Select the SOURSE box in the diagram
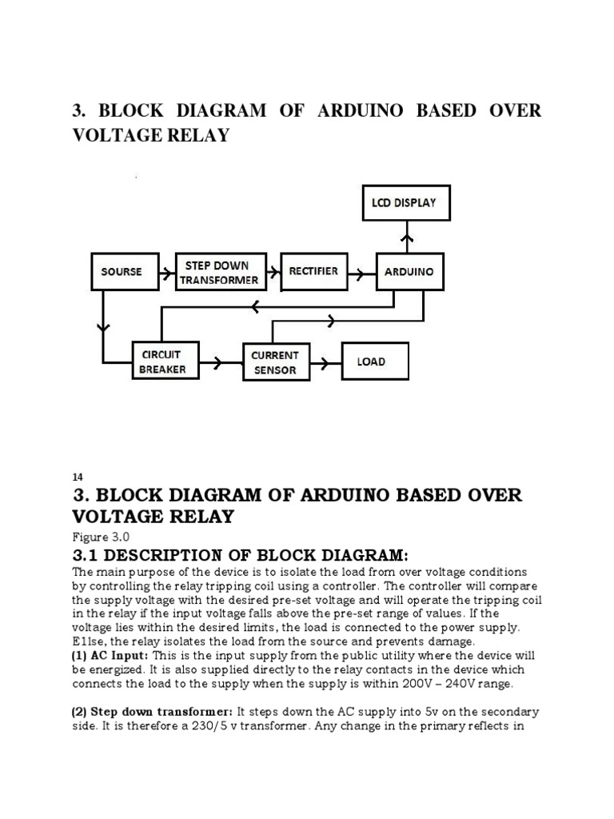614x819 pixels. point(121,272)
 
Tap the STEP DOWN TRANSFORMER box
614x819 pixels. point(219,272)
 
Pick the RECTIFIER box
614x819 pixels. point(313,271)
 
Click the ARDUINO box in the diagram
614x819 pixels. point(409,272)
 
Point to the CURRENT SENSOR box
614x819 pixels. point(275,362)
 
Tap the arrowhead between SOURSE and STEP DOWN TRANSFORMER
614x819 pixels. point(165,273)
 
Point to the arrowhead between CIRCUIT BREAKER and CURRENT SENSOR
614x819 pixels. point(217,362)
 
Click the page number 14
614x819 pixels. point(78,477)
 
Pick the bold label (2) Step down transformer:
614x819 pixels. point(152,712)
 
